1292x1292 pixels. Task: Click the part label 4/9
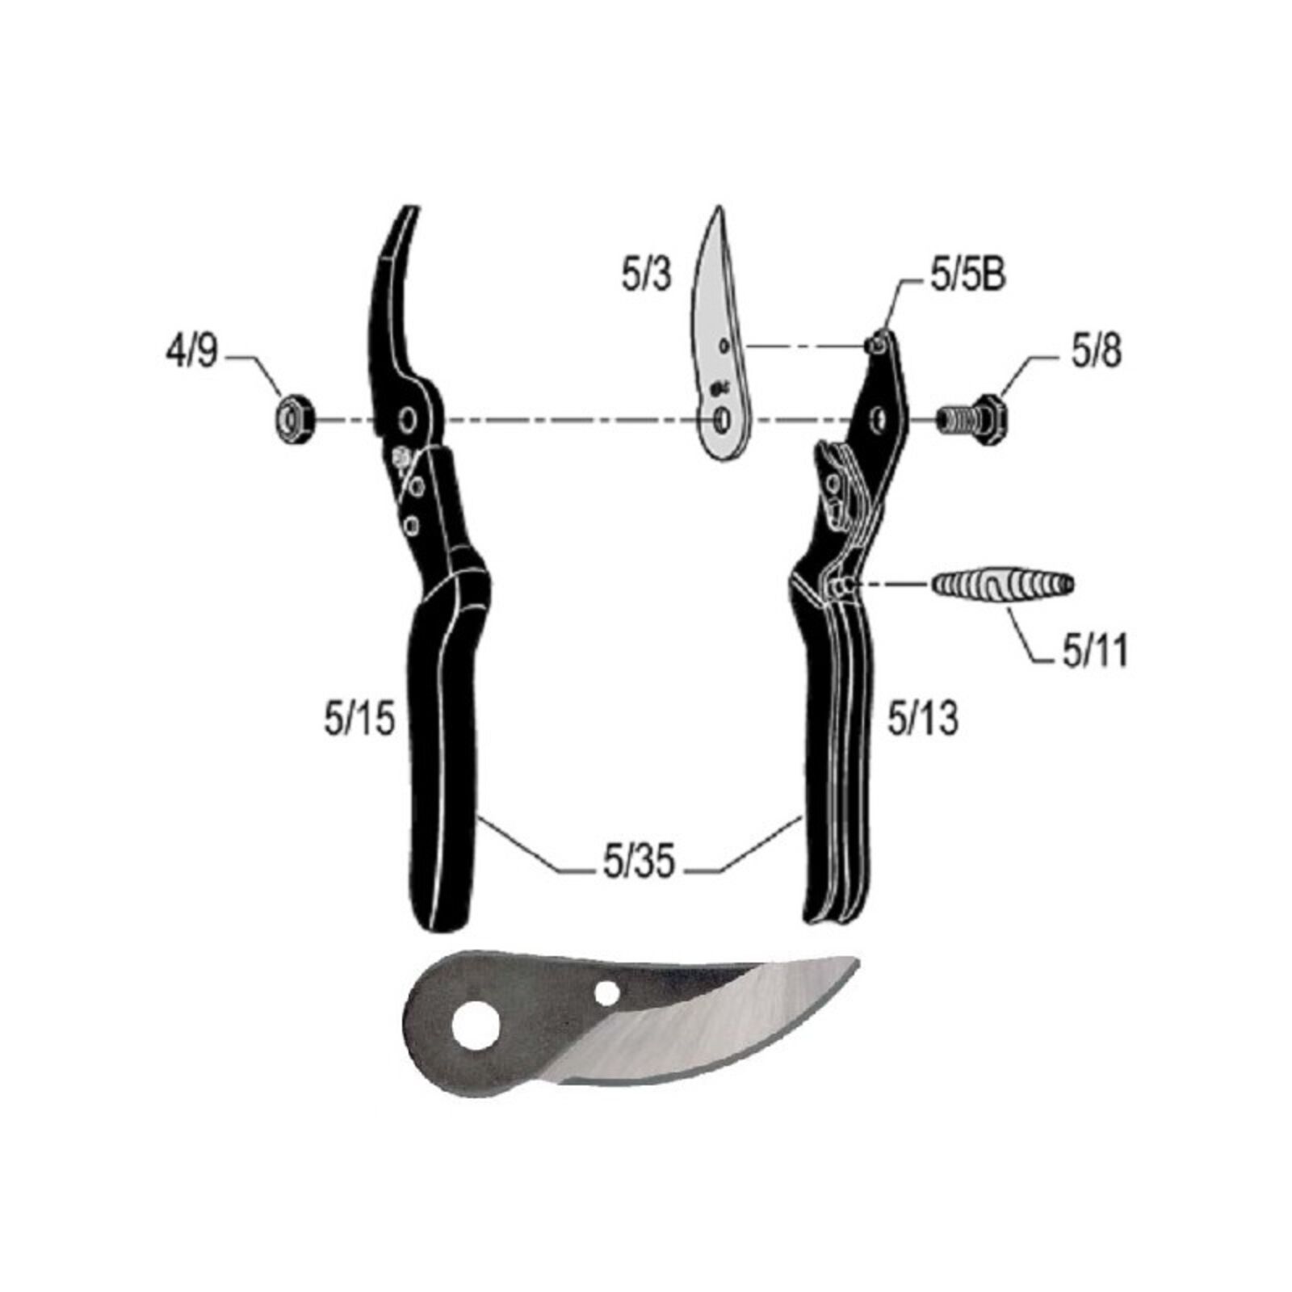point(191,352)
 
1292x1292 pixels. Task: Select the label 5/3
point(646,275)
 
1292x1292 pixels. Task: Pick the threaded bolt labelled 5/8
point(975,419)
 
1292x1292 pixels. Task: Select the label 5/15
point(359,718)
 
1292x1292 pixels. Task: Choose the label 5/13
point(922,718)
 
